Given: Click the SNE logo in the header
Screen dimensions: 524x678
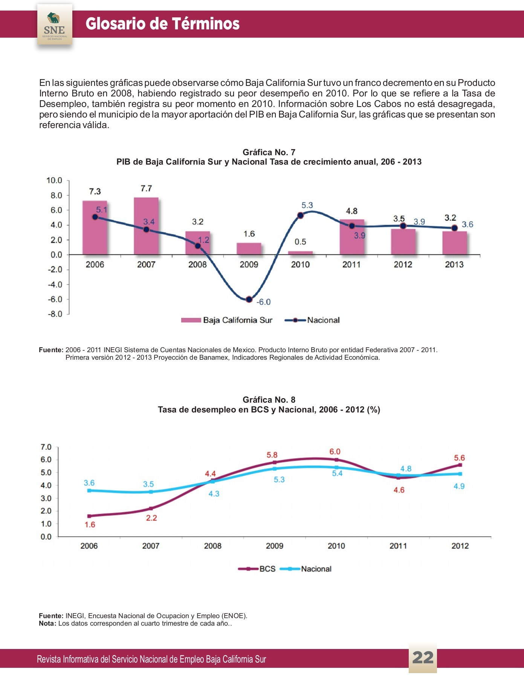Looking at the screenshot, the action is [55, 25].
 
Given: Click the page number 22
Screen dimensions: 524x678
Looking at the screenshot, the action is [423, 658].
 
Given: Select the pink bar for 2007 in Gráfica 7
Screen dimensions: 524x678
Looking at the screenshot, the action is [146, 226].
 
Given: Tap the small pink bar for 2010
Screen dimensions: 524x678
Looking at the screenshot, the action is [300, 253].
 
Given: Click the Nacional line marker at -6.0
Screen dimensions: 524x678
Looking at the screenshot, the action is [249, 299].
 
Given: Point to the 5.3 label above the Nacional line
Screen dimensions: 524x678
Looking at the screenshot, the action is [307, 205].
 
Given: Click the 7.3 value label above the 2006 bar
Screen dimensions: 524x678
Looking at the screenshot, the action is [95, 191].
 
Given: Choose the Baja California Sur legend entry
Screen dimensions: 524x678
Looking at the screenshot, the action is [227, 320].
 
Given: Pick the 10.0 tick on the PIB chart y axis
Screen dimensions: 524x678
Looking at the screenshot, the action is [54, 180].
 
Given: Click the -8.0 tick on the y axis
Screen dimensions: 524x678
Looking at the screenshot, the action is [55, 314].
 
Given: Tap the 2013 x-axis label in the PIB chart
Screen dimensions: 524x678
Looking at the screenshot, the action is [454, 264].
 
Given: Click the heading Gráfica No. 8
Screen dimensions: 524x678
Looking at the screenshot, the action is [269, 400].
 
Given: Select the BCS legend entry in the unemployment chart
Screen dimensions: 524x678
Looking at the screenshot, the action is [257, 569].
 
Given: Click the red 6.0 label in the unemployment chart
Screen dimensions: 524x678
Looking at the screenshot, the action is [335, 452].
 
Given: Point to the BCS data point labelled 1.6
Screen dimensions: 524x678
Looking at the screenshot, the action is [89, 516].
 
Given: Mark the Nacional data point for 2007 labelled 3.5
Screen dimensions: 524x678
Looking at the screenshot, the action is [151, 492].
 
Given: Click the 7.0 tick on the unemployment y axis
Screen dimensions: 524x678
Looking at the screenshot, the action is [46, 447].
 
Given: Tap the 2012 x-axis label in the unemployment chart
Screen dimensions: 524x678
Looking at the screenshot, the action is [460, 546].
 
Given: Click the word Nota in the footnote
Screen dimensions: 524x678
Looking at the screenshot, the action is [47, 623].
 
